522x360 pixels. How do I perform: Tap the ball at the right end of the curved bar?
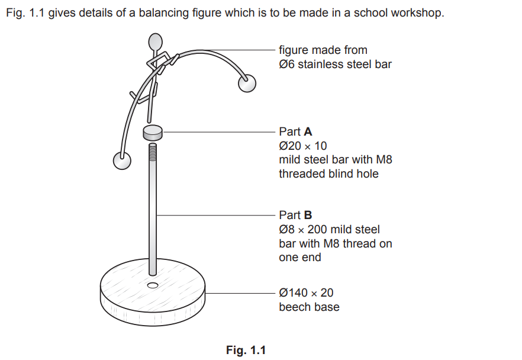[x=247, y=83]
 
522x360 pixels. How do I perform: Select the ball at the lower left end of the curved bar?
[x=122, y=160]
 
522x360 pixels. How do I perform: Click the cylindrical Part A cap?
[x=153, y=133]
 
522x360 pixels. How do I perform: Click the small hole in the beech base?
[x=153, y=286]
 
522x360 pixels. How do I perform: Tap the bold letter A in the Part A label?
[x=308, y=132]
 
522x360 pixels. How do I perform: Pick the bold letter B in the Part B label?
[x=308, y=216]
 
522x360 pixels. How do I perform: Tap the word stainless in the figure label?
[x=323, y=65]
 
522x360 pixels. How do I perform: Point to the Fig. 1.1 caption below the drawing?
[x=246, y=351]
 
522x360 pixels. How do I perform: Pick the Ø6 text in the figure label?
[x=287, y=65]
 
